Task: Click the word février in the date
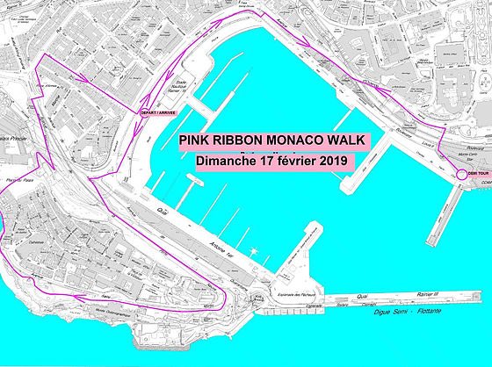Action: (x=286, y=161)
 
